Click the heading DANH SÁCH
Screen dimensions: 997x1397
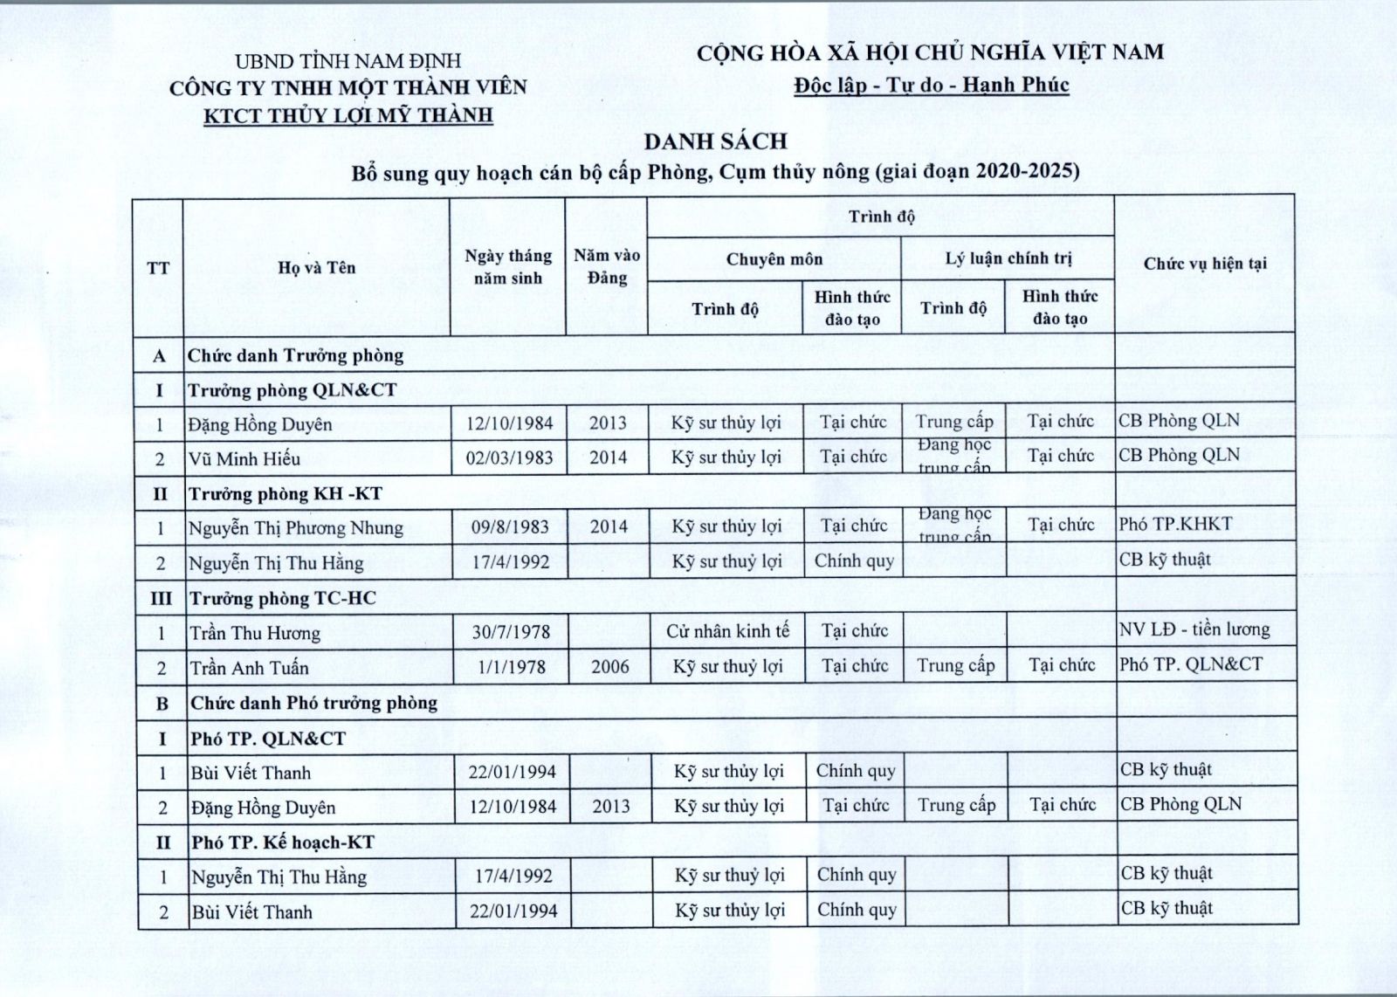point(716,141)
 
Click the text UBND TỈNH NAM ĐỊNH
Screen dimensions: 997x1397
point(348,61)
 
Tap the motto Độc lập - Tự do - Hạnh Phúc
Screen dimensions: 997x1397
point(931,85)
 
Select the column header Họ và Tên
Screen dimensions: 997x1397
point(317,267)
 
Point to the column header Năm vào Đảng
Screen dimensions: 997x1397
point(607,266)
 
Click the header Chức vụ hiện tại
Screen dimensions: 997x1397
point(1205,263)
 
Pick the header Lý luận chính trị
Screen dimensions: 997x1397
point(1008,258)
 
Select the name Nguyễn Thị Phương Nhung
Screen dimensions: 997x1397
point(296,528)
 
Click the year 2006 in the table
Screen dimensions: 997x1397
point(609,667)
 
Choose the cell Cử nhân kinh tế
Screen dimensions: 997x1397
point(727,630)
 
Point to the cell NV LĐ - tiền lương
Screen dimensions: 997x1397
point(1194,629)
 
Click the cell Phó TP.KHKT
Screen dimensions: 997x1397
point(1175,524)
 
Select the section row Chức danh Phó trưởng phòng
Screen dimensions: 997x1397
point(314,703)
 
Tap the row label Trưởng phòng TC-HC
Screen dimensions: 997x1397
point(284,598)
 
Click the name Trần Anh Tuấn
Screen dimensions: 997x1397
point(250,668)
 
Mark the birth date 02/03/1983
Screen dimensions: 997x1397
point(509,458)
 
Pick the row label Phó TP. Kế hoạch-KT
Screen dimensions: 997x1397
point(283,842)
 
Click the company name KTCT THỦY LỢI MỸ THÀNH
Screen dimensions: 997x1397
point(348,115)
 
